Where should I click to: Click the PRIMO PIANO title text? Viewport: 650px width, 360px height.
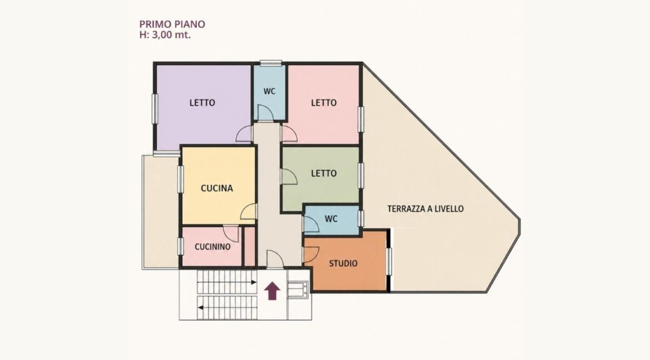coord(172,24)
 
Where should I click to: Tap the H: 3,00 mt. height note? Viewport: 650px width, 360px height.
coord(165,35)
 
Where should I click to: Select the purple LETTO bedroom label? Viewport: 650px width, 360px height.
coord(202,102)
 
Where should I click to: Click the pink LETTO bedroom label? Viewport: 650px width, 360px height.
coord(324,102)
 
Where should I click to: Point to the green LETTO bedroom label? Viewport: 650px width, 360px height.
coord(324,173)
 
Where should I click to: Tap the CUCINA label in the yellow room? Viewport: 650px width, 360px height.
coord(217,188)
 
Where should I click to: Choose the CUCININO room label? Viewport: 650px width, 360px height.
coord(213,247)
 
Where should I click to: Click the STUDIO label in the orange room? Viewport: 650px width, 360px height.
coord(343,263)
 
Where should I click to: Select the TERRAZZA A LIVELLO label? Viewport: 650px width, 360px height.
coord(426,209)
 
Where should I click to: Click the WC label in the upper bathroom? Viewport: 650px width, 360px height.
coord(269,91)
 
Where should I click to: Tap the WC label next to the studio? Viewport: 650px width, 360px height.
coord(331,218)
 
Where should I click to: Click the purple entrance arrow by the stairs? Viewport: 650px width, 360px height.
coord(272,291)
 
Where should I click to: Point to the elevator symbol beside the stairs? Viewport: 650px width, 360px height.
coord(298,289)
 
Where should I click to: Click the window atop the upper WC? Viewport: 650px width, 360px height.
coord(271,63)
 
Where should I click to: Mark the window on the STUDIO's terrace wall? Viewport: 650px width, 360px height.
coord(389,261)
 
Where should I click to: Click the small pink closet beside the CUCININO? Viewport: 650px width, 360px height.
coord(249,246)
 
